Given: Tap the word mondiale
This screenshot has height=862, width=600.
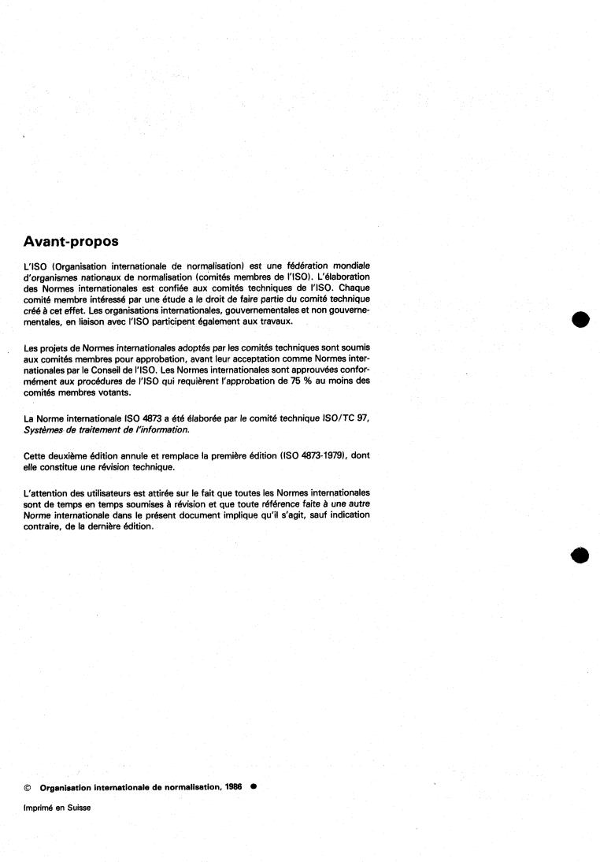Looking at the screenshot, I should tap(349, 266).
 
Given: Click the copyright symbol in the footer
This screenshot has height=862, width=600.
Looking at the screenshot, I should tap(28, 786).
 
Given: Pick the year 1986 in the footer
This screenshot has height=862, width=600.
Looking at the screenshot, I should tap(234, 786).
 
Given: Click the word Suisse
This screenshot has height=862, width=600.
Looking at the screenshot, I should tap(77, 807).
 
